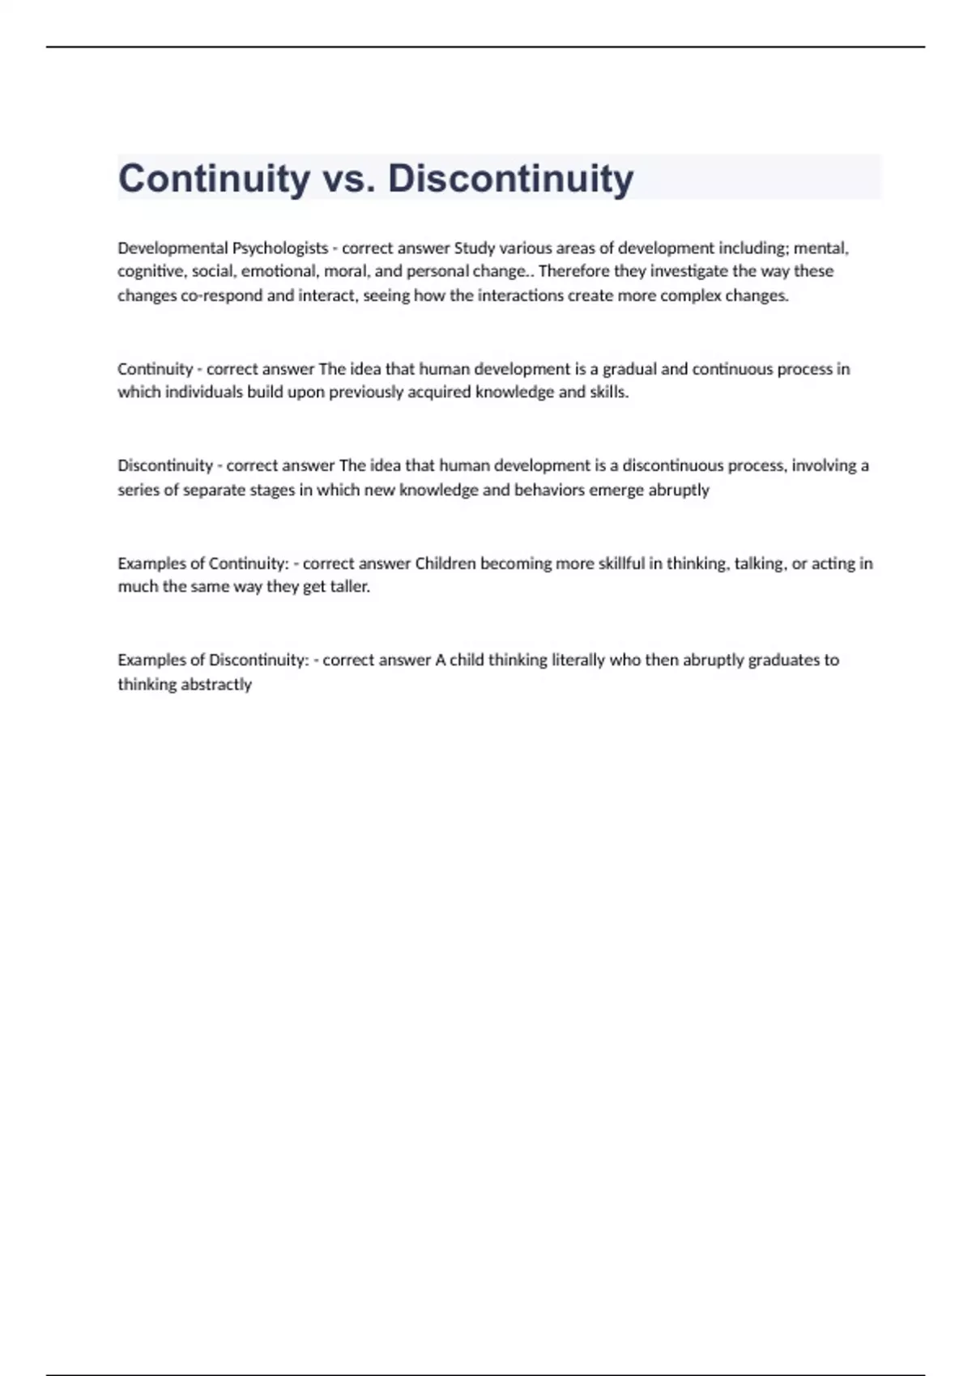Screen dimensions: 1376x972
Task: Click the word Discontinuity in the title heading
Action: (x=510, y=179)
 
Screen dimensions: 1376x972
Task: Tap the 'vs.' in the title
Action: (x=348, y=179)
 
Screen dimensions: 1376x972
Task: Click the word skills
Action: (x=608, y=393)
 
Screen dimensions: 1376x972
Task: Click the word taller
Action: (x=350, y=587)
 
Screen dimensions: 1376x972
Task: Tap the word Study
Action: (x=474, y=248)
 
